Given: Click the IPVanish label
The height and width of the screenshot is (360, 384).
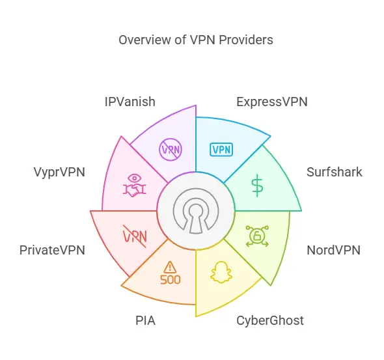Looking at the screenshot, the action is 130,102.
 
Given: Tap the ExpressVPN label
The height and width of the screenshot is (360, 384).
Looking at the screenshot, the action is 272,102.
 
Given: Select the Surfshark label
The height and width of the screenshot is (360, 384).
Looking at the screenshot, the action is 335,172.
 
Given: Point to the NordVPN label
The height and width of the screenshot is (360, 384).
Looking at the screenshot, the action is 333,250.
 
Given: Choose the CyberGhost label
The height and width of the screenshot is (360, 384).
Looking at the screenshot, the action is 270,320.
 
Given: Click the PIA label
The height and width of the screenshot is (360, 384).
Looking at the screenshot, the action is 145,320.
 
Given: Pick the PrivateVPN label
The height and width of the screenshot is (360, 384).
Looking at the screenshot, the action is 52,250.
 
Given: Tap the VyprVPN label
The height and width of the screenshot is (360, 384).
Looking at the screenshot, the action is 59,172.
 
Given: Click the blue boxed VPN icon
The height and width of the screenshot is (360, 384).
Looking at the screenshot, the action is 221,149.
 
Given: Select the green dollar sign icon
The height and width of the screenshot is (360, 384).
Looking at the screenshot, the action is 257,186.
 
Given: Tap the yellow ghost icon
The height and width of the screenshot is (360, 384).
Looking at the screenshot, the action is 221,272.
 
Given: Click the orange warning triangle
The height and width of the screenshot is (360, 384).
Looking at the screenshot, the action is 170,267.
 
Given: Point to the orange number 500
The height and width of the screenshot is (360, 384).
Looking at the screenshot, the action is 171,279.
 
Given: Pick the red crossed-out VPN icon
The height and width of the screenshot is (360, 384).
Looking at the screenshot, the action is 135,236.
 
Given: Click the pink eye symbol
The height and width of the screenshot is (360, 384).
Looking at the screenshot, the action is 135,178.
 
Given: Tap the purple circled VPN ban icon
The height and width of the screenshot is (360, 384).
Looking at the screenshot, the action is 171,149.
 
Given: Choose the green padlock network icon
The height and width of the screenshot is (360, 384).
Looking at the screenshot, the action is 257,236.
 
